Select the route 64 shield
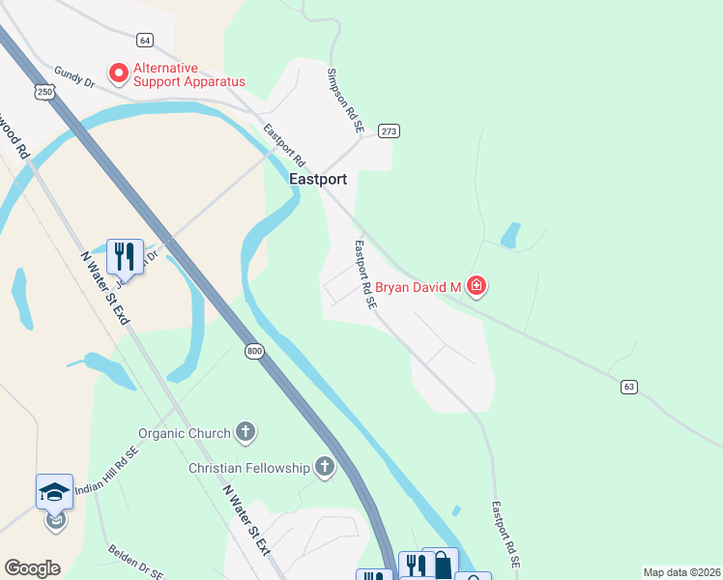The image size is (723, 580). click(145, 40)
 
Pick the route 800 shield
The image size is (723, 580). click(253, 351)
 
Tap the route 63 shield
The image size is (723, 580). click(629, 387)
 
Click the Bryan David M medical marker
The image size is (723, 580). click(476, 285)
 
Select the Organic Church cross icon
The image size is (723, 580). click(246, 432)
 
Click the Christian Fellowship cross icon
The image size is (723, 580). click(325, 468)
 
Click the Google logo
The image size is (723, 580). click(32, 568)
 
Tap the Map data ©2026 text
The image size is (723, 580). click(680, 572)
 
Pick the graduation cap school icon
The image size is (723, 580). click(55, 491)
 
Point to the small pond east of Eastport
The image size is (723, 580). click(509, 235)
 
